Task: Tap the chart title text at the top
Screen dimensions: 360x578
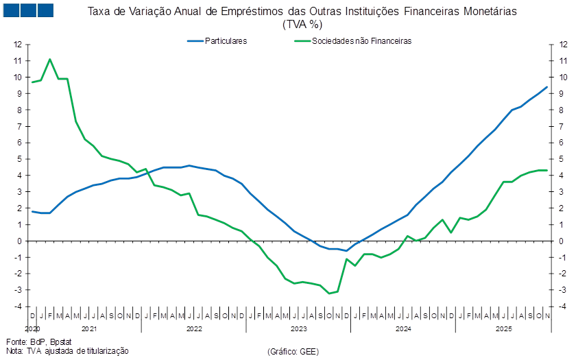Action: pos(302,12)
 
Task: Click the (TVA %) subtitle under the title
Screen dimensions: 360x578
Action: pos(302,24)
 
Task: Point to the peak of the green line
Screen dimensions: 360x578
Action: pos(49,59)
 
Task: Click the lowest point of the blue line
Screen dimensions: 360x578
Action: pos(346,250)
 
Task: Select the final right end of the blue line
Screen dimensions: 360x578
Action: pos(546,87)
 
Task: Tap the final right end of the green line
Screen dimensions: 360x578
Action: pos(546,170)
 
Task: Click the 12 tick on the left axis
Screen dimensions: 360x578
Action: pos(19,44)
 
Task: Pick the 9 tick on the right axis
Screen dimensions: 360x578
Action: pos(563,93)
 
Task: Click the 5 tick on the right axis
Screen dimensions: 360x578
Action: pos(563,159)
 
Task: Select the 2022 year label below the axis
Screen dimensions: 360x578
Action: pos(194,329)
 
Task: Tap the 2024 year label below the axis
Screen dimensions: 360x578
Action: pos(403,329)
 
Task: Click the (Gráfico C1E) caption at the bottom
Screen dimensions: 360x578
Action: pos(292,351)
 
